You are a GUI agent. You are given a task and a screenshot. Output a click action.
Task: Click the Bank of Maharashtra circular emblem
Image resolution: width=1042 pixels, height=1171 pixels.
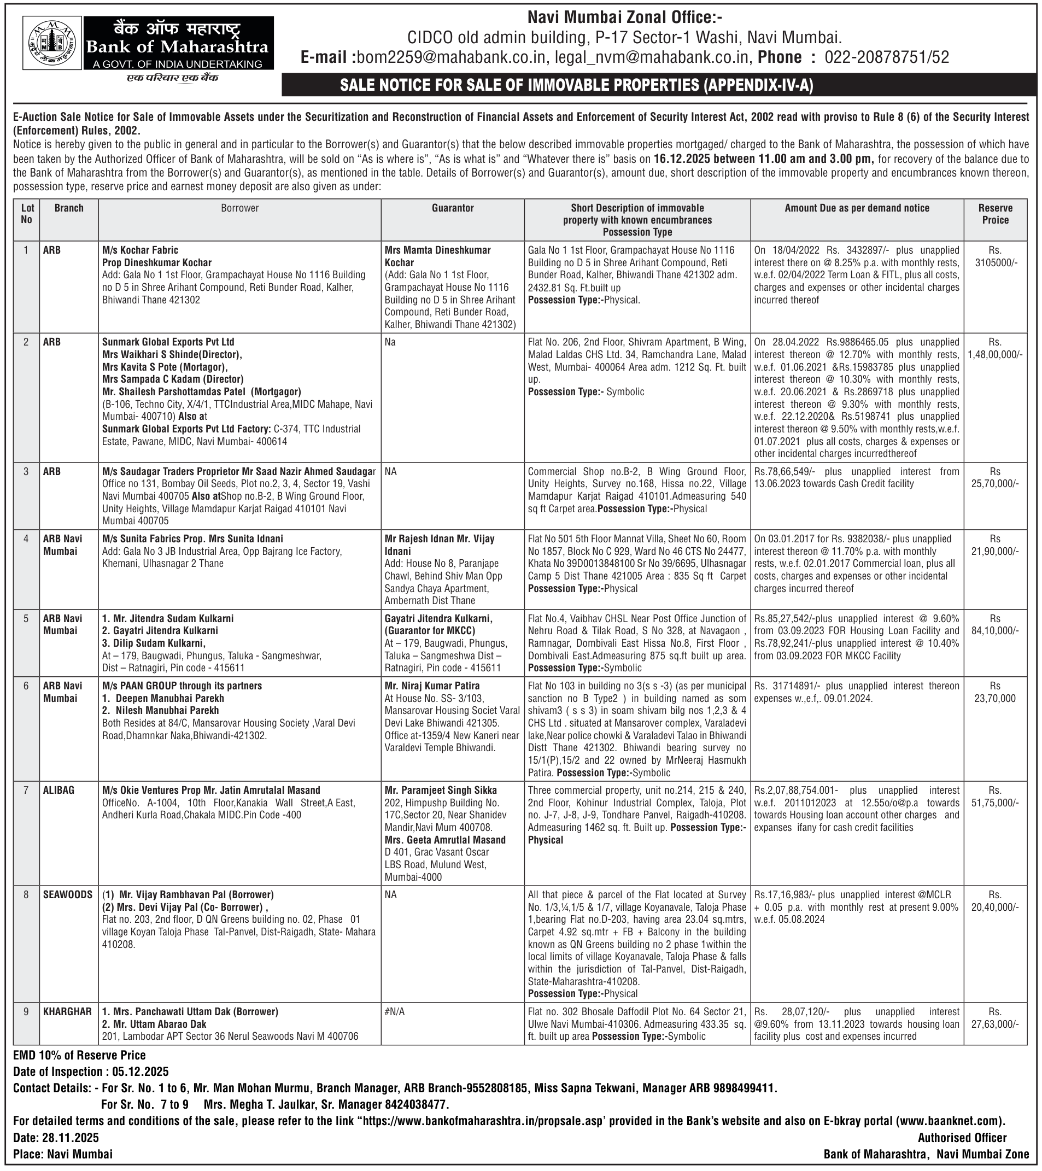52,43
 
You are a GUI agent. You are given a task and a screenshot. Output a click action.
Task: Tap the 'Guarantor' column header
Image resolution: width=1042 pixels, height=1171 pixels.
453,208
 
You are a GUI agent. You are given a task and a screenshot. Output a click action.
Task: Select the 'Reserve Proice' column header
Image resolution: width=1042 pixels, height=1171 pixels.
995,214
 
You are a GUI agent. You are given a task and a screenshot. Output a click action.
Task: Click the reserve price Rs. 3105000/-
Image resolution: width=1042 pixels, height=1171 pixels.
995,256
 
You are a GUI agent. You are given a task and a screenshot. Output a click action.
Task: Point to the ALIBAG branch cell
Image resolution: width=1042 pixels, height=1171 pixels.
59,791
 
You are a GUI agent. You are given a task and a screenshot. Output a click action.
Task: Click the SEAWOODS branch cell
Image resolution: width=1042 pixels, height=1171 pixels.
68,895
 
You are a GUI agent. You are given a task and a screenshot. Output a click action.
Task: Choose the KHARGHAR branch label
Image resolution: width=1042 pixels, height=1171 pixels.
67,1012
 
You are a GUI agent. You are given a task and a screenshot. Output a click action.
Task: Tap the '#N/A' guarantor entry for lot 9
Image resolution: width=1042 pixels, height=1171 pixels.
395,1012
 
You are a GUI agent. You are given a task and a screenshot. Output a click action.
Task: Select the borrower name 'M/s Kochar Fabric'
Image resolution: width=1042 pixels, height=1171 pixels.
141,250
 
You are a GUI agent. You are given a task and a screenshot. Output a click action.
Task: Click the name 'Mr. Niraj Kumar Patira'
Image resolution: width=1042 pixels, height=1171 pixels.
432,686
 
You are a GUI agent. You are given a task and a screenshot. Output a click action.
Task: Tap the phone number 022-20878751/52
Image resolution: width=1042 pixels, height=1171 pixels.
886,58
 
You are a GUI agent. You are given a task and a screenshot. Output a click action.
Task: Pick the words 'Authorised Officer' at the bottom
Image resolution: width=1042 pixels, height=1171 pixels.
962,1138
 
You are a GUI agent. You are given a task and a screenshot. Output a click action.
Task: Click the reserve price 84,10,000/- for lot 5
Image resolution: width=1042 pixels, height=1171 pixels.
995,631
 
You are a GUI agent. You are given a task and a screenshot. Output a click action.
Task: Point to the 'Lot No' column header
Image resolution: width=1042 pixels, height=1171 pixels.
27,214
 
